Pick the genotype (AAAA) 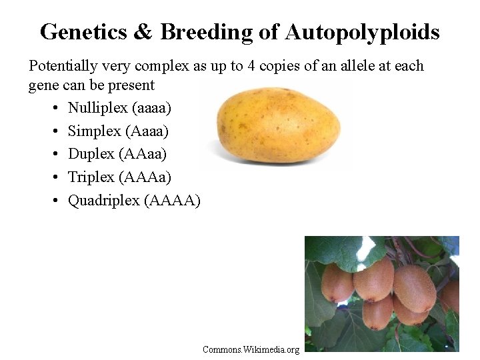172,201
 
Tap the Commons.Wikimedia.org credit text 251,349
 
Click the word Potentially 60,66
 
